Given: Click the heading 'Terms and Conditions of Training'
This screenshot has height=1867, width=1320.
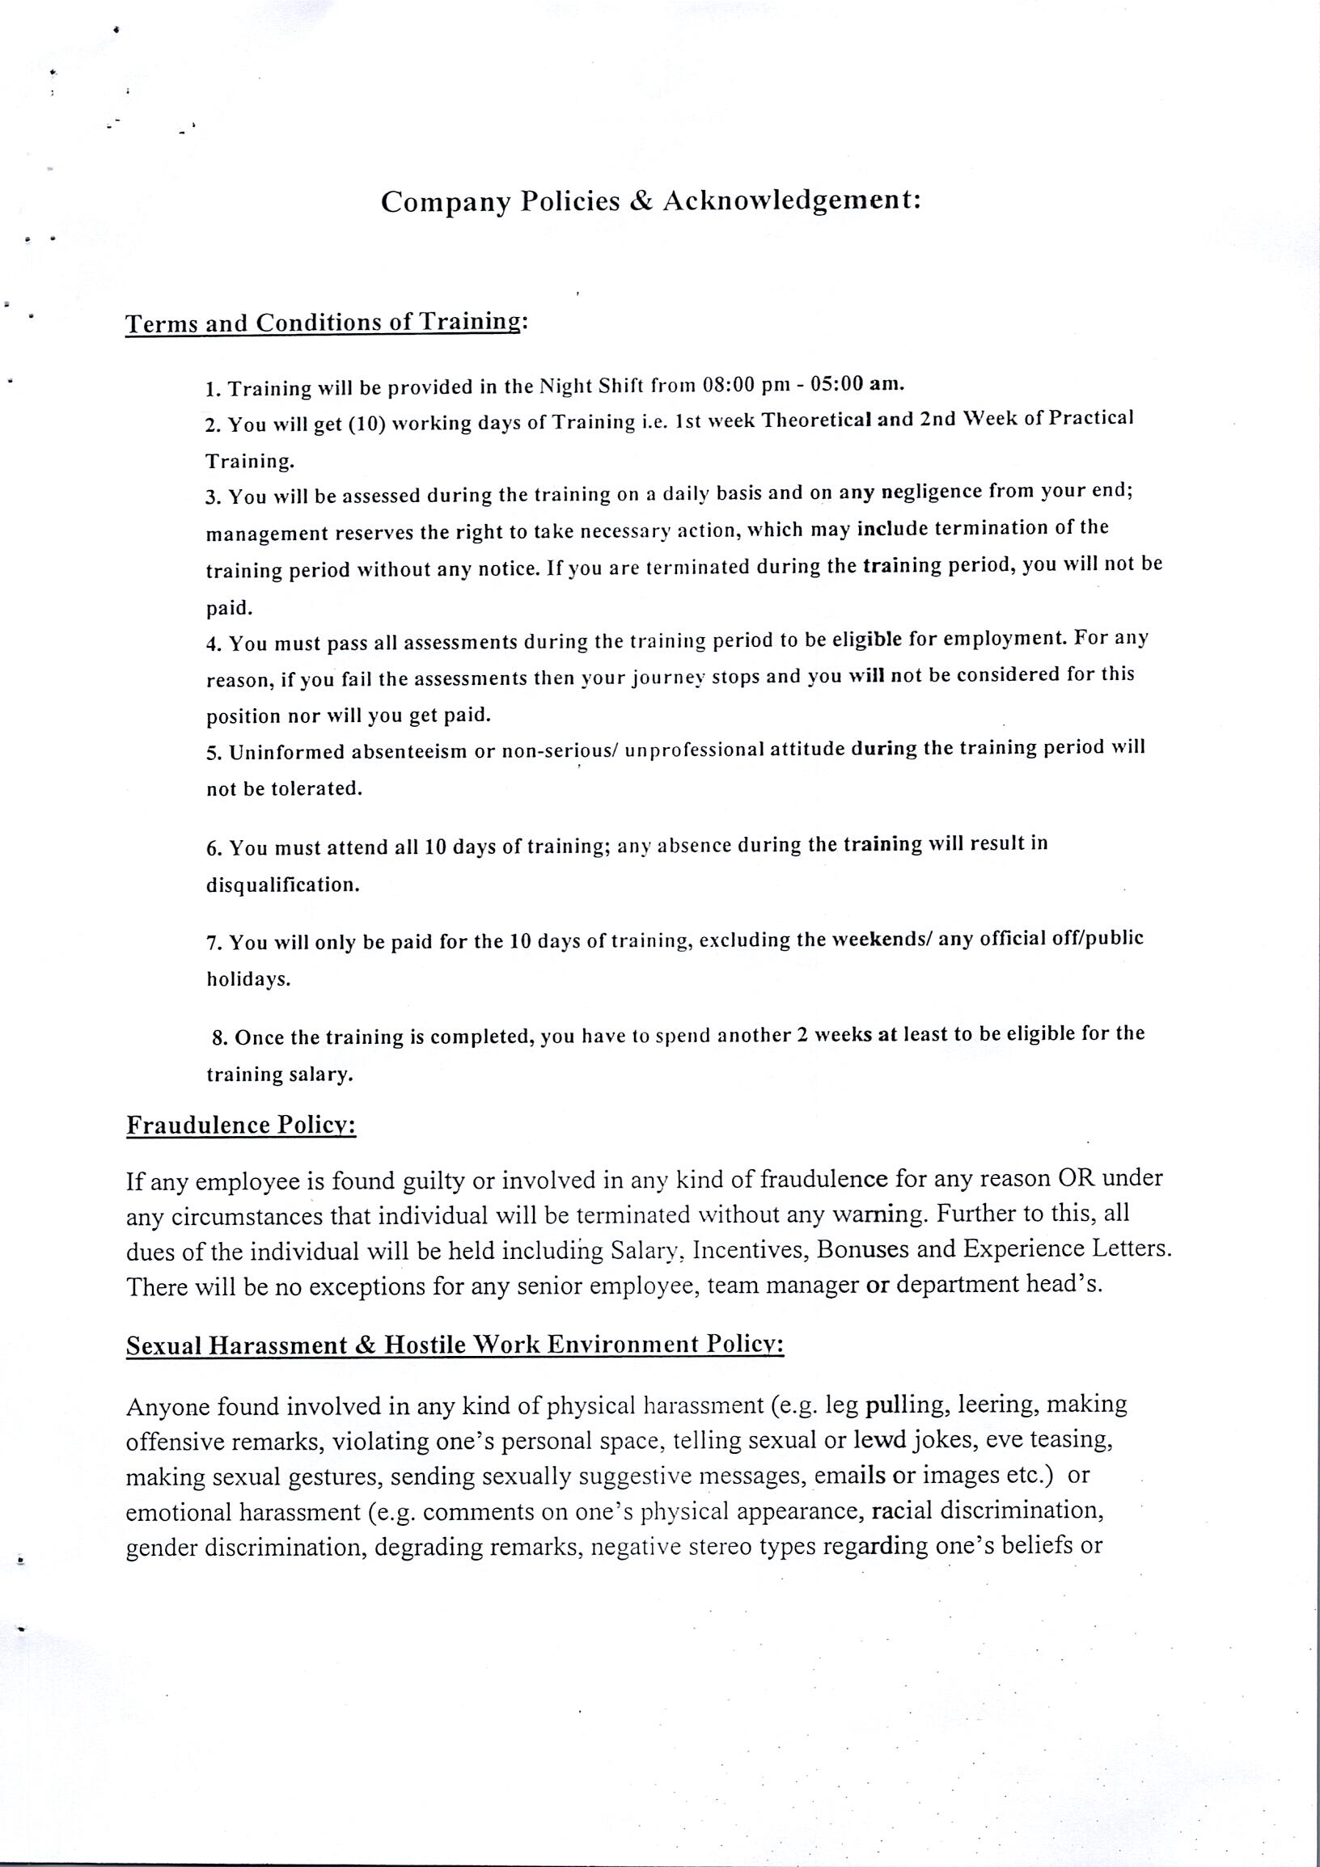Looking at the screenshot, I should point(322,323).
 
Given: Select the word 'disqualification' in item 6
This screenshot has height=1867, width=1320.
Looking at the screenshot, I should point(282,885).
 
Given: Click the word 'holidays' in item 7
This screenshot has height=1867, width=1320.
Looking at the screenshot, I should point(247,979).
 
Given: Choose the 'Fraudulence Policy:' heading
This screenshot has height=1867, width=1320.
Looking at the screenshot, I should point(242,1126).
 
